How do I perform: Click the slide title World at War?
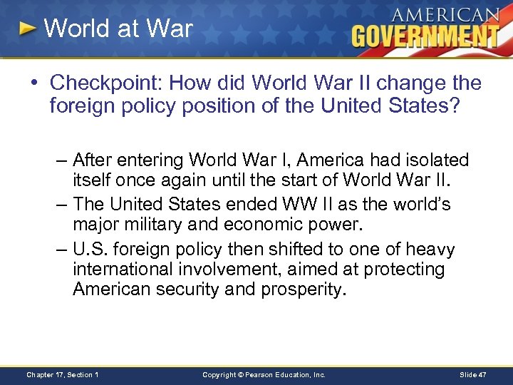tap(118, 29)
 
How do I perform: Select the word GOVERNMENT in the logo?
tap(425, 36)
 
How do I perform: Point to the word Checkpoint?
tap(106, 83)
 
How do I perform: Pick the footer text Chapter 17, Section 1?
tap(62, 374)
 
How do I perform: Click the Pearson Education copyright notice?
tap(264, 374)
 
